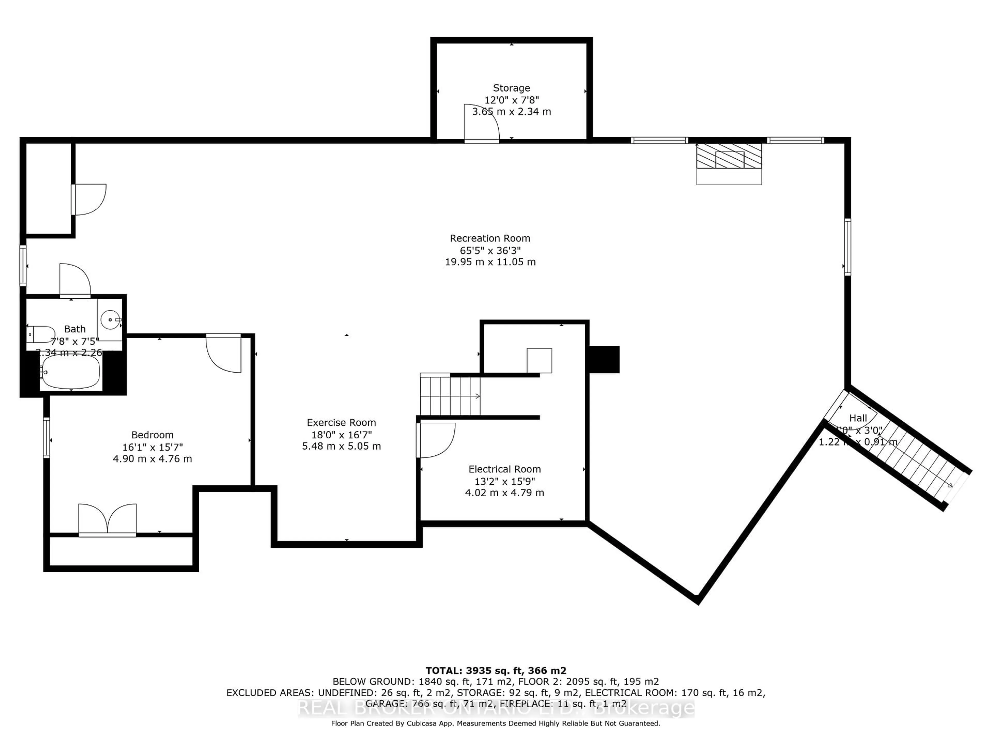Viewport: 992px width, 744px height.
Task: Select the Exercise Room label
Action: pos(341,422)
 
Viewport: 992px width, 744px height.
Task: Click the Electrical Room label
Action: pos(505,469)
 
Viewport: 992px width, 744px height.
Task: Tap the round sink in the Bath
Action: pos(110,320)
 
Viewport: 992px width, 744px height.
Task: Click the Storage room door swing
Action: pos(481,123)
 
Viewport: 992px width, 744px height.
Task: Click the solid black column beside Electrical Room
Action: pos(604,359)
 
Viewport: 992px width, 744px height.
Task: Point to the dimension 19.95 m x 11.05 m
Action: pos(490,262)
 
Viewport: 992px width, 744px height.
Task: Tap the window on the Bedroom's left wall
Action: pos(46,437)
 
